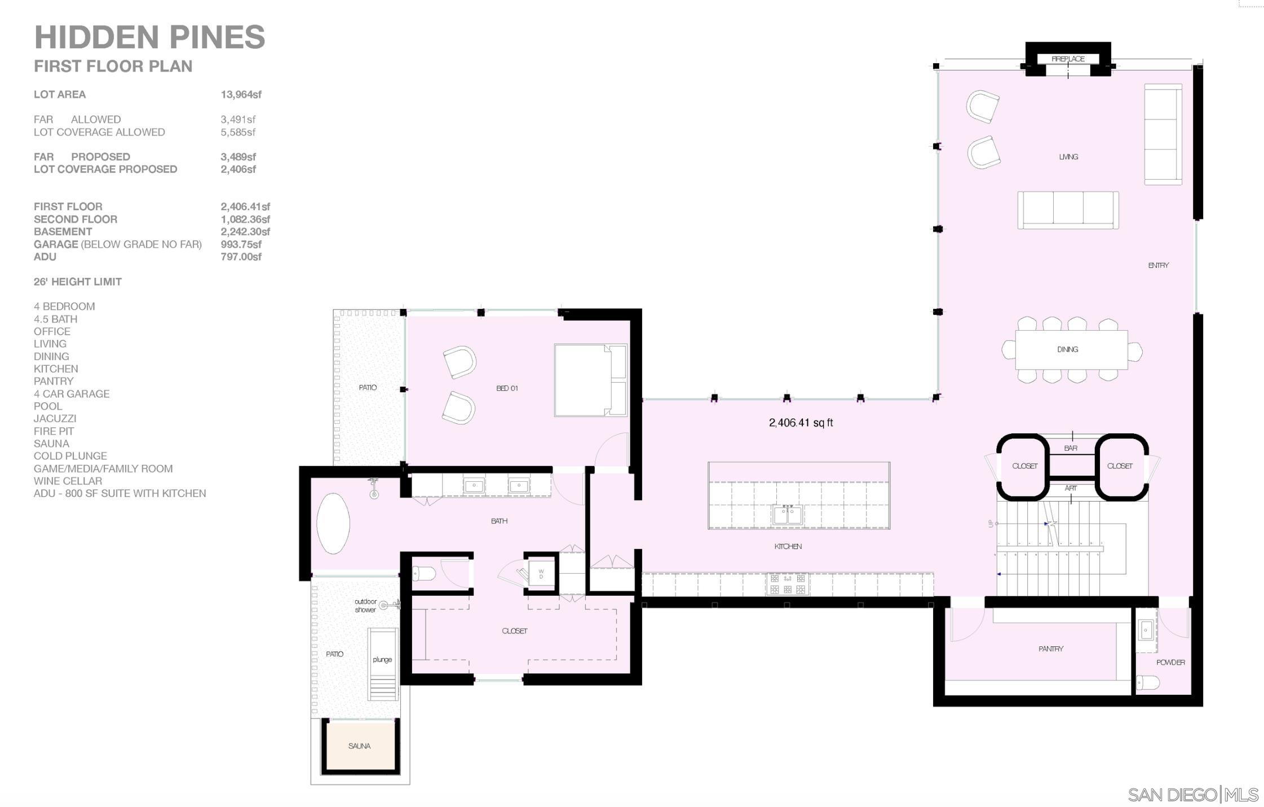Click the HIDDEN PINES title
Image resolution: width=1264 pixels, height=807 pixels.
click(x=149, y=37)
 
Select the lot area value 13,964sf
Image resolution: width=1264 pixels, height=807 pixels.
click(x=241, y=95)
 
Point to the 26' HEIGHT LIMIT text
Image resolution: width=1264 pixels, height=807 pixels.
click(x=77, y=282)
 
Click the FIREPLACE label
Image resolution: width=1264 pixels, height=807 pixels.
click(x=1068, y=59)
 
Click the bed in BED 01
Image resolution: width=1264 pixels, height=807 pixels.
click(x=590, y=380)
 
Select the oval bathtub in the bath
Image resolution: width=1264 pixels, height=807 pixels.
click(x=333, y=524)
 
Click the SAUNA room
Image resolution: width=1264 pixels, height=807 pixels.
click(x=360, y=746)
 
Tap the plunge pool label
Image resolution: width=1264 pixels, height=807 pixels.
click(x=382, y=659)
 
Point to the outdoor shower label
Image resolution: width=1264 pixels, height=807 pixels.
click(x=365, y=606)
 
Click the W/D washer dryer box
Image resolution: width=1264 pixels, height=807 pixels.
click(x=541, y=574)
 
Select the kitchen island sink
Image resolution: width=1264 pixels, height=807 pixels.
click(x=787, y=515)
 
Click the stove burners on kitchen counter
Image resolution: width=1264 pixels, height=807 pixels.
click(x=787, y=584)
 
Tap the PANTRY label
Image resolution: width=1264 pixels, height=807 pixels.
click(x=1050, y=649)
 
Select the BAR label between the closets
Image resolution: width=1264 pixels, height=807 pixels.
click(x=1070, y=448)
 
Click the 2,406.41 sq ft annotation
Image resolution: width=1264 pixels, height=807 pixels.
click(x=801, y=423)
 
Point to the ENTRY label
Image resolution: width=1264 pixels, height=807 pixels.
click(x=1158, y=265)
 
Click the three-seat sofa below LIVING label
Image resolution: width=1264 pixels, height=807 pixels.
click(x=1068, y=210)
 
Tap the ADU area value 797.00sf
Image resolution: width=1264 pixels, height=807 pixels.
click(x=241, y=257)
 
